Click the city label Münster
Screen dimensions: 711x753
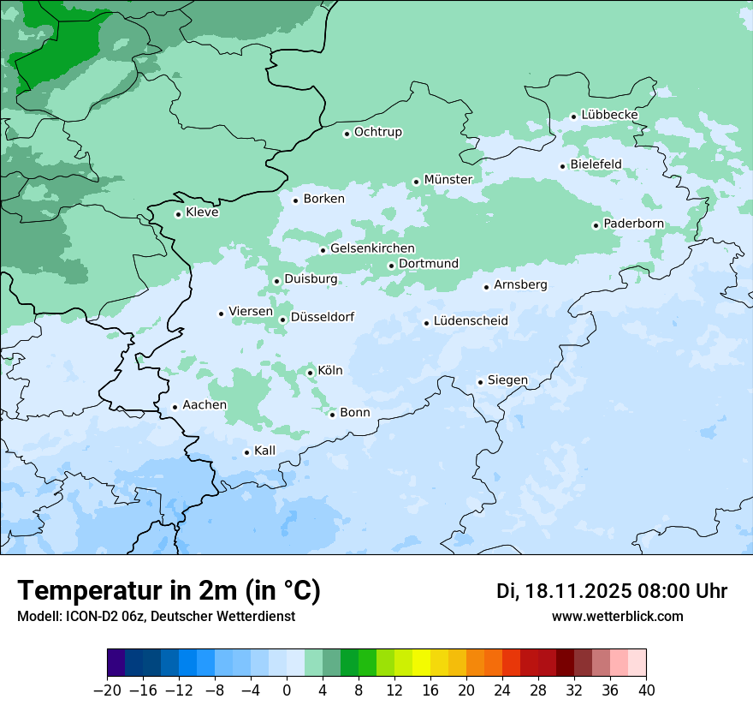click(448, 180)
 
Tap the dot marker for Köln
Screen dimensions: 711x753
click(310, 373)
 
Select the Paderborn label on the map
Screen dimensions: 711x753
click(633, 224)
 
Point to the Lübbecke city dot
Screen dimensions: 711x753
click(574, 117)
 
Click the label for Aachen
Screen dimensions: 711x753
click(205, 405)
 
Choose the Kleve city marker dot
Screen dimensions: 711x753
click(178, 214)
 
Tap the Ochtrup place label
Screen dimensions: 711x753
click(377, 133)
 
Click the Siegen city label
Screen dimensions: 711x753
click(507, 380)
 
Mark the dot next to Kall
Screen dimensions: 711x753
click(246, 452)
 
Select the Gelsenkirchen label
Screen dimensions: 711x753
click(372, 249)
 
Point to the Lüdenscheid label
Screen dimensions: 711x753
click(471, 321)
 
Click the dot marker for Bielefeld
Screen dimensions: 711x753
click(563, 166)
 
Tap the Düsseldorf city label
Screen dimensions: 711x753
click(323, 318)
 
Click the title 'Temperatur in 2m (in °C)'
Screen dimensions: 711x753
click(169, 591)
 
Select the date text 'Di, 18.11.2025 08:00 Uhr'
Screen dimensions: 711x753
click(612, 591)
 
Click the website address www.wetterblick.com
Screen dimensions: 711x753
click(617, 617)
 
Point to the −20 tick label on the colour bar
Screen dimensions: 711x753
click(107, 690)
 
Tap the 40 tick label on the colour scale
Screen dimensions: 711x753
click(646, 690)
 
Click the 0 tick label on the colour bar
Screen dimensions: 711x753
click(287, 690)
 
